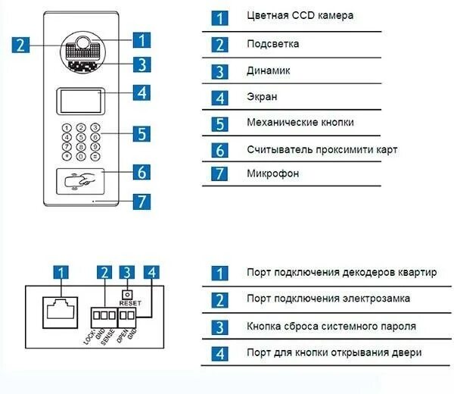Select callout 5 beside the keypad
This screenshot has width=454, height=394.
[x=141, y=134]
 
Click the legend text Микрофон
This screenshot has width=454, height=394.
[x=273, y=174]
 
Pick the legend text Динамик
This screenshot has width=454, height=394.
[x=269, y=70]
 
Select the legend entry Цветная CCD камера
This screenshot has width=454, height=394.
[x=300, y=15]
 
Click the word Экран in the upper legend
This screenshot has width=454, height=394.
[x=262, y=97]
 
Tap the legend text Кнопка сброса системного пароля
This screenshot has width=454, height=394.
[x=331, y=327]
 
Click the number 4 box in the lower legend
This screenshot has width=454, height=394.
[x=219, y=353]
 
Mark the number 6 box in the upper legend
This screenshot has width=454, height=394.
[x=219, y=150]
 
